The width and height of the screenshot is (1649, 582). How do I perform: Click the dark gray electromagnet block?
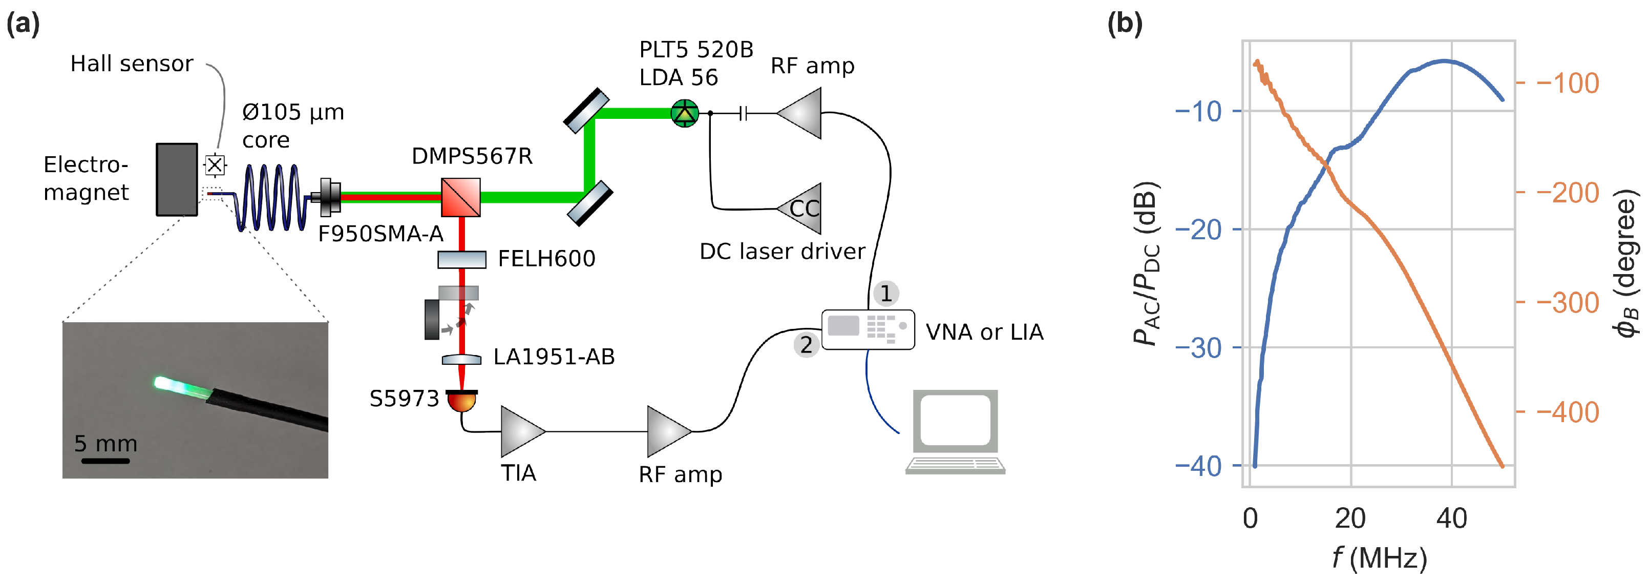point(177,179)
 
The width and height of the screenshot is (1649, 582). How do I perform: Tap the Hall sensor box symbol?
point(215,165)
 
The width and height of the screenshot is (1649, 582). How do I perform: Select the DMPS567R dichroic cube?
point(461,197)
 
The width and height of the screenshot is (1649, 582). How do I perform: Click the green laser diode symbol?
point(684,113)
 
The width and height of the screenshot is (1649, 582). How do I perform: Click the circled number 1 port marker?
point(886,293)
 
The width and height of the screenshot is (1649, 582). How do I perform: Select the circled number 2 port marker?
point(807,345)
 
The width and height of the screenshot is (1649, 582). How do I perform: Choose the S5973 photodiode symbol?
point(461,401)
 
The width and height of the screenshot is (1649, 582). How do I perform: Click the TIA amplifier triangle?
point(521,431)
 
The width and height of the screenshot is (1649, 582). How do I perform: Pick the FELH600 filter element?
point(461,259)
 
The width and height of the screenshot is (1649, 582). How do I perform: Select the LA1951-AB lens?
point(461,360)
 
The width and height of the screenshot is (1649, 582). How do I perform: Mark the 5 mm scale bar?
point(105,461)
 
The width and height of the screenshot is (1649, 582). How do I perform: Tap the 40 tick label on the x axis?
point(1451,518)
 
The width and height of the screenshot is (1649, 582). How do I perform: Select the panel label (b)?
point(1124,24)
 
